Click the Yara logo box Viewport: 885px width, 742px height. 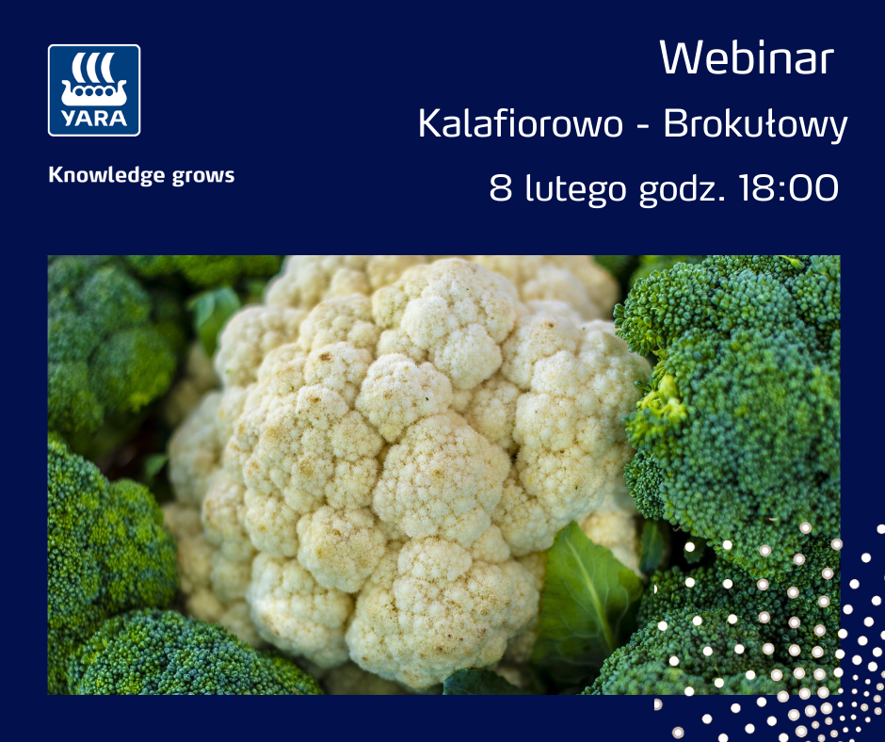94,90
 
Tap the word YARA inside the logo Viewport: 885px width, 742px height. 94,118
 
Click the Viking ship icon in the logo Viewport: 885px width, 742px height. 94,79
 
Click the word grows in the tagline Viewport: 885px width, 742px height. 203,176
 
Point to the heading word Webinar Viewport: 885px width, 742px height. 747,57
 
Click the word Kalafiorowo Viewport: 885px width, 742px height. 520,123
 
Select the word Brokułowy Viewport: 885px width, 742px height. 755,124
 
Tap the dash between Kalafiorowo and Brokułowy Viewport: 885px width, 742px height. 642,125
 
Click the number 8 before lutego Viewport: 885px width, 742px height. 501,188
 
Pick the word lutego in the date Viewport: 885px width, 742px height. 575,189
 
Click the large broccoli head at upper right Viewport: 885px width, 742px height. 733,395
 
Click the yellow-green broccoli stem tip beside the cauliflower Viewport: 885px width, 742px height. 660,404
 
